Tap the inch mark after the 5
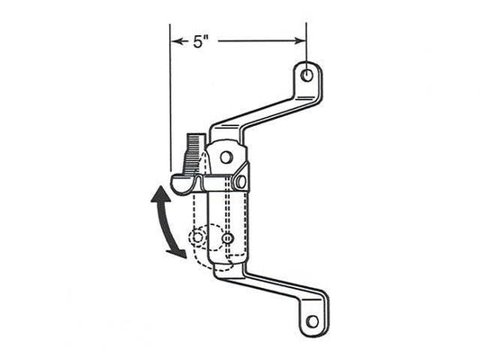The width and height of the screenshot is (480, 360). click(208, 38)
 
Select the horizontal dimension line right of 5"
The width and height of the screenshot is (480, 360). click(261, 40)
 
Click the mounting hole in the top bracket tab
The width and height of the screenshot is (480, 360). click(307, 76)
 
